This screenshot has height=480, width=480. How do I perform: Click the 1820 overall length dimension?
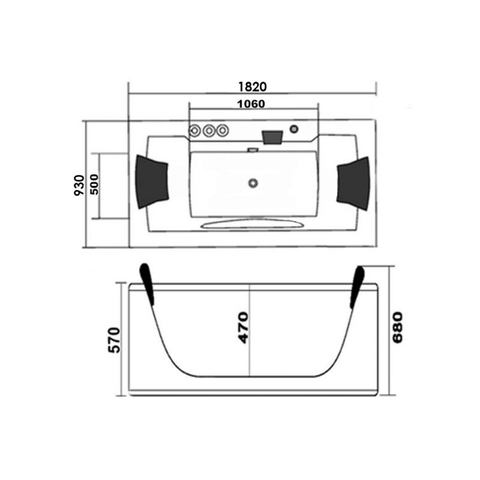tap(253, 87)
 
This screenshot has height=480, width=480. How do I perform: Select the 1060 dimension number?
tap(251, 104)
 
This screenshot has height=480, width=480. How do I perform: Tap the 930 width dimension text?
tap(79, 185)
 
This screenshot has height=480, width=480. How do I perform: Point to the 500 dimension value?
tap(95, 184)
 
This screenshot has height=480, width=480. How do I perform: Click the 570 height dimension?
tap(115, 340)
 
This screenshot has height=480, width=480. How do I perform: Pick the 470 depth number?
tap(244, 328)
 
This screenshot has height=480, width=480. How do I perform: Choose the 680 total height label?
tap(397, 328)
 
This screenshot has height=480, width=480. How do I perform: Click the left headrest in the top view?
tap(152, 182)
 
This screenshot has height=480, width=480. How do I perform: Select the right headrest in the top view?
tap(353, 184)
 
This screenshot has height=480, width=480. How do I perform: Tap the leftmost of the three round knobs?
tap(194, 131)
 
